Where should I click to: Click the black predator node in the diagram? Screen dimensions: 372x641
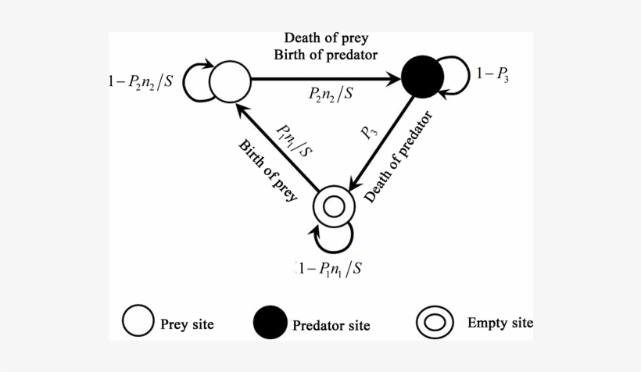point(422,78)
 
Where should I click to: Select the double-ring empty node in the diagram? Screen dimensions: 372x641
point(334,207)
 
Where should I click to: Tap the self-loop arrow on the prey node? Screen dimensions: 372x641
point(195,82)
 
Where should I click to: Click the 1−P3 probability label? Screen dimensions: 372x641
point(493,75)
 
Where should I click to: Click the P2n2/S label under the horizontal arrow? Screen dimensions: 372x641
point(329,95)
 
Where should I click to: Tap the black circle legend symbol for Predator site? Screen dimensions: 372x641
point(270,322)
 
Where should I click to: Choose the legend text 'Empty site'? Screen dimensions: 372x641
point(500,321)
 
